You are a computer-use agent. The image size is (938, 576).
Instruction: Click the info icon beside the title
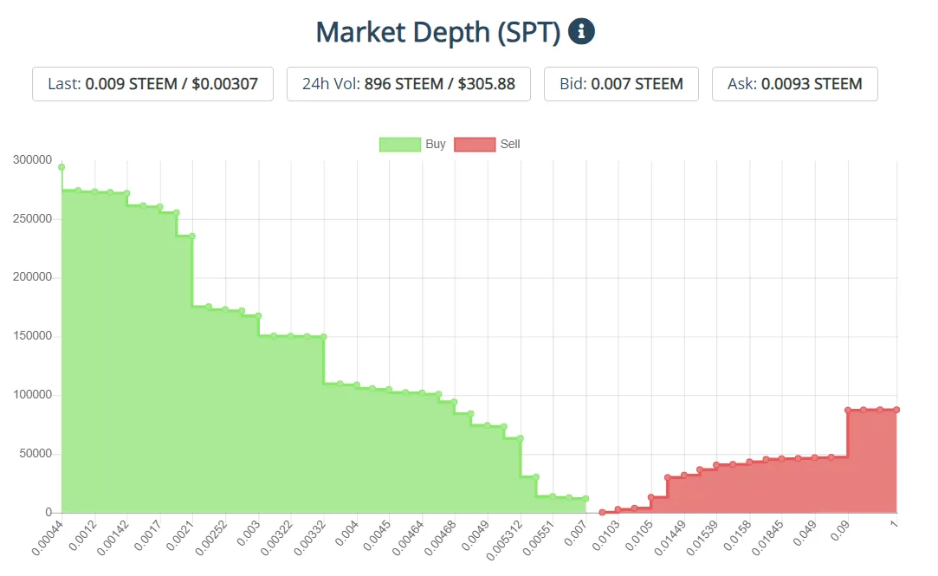[581, 32]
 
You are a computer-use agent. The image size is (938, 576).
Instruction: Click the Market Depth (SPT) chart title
[437, 32]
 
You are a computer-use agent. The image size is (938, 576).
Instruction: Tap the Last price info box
[152, 84]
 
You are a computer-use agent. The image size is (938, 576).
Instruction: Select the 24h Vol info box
[408, 84]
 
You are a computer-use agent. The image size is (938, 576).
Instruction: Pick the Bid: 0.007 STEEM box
[621, 84]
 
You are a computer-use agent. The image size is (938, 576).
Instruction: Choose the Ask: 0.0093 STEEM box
[794, 84]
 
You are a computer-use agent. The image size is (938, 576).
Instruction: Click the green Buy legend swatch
[399, 144]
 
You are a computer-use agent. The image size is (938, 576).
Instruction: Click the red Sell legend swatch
[474, 144]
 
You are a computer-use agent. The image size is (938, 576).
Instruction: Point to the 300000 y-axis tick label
[33, 160]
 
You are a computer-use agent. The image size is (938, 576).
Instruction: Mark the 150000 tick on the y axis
[33, 336]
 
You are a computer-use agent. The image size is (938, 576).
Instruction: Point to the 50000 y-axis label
[36, 454]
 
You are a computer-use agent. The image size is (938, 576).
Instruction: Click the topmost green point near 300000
[61, 167]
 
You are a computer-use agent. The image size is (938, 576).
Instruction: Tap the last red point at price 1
[896, 410]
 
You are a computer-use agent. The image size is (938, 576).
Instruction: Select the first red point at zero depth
[602, 512]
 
